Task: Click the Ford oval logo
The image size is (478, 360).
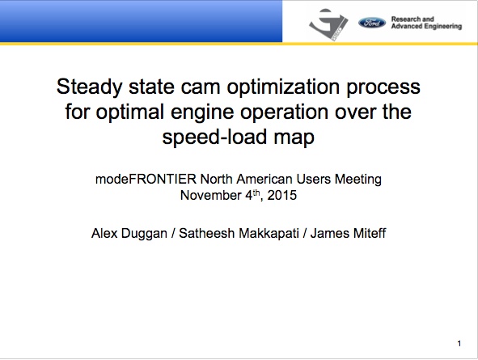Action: pos(372,23)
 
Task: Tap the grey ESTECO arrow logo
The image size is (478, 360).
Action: pos(328,24)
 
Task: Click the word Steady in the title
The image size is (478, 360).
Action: pos(89,87)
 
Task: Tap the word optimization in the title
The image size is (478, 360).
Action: pos(283,87)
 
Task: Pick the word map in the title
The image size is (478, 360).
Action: pos(294,138)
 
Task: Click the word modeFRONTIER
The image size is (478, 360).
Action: pos(146,179)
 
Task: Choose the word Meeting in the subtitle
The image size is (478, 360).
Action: pos(358,180)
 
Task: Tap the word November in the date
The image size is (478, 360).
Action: pos(211,196)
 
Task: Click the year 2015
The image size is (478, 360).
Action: pos(282,196)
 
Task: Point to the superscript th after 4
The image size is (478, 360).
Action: pos(256,193)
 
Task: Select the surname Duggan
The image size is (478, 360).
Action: pos(144,234)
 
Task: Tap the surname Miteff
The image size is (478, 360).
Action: pos(370,234)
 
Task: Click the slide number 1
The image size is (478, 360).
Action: pos(459,344)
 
